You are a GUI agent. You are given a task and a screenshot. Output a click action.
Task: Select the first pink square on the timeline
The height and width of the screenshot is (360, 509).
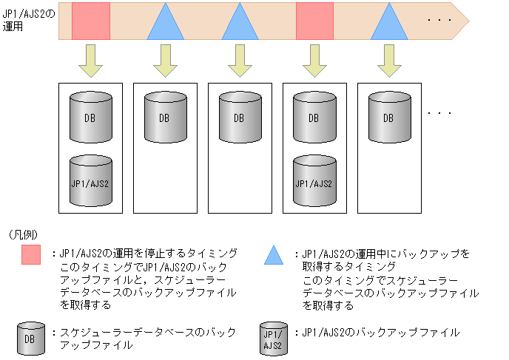(91, 21)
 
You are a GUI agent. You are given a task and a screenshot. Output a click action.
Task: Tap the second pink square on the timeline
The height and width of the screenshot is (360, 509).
(314, 21)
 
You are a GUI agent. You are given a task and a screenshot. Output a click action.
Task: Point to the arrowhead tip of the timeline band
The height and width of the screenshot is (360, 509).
(469, 21)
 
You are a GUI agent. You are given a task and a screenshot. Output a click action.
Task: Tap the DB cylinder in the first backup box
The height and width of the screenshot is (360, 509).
(90, 116)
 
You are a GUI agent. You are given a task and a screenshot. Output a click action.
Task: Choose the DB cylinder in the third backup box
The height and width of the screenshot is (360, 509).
(239, 116)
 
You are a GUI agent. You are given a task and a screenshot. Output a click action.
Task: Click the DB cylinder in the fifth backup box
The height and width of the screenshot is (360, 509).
(388, 116)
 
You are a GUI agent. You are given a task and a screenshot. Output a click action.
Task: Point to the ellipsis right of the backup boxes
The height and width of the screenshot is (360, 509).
(440, 113)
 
